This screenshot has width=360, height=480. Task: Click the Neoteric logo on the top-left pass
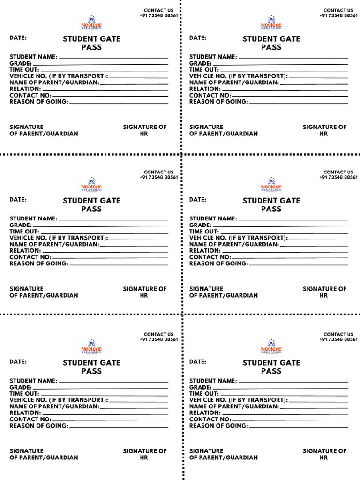point(91,23)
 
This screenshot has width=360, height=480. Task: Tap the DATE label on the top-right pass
point(198,37)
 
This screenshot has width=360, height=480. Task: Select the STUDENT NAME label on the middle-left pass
point(33,218)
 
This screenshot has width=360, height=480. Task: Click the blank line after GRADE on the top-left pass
point(100,64)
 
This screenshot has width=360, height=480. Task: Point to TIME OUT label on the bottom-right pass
point(204,394)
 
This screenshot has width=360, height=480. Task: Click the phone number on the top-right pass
point(338,15)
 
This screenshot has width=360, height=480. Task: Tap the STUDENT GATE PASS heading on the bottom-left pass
point(91,367)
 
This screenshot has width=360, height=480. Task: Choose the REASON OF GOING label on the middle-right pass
point(218,263)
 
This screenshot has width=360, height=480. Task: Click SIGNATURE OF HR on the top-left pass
point(144,130)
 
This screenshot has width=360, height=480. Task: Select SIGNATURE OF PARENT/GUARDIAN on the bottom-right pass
point(223,454)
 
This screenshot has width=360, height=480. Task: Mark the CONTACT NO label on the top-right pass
point(210,95)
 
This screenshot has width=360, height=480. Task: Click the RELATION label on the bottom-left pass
point(25,413)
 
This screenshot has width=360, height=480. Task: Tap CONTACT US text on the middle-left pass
point(158,172)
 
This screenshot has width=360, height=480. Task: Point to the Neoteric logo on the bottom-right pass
point(271,347)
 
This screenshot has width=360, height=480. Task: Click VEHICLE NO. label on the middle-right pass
point(238,238)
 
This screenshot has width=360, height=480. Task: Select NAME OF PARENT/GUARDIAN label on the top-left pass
point(54,82)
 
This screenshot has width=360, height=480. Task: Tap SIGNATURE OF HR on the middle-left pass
point(144,292)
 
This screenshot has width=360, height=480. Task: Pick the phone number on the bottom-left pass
point(158,339)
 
